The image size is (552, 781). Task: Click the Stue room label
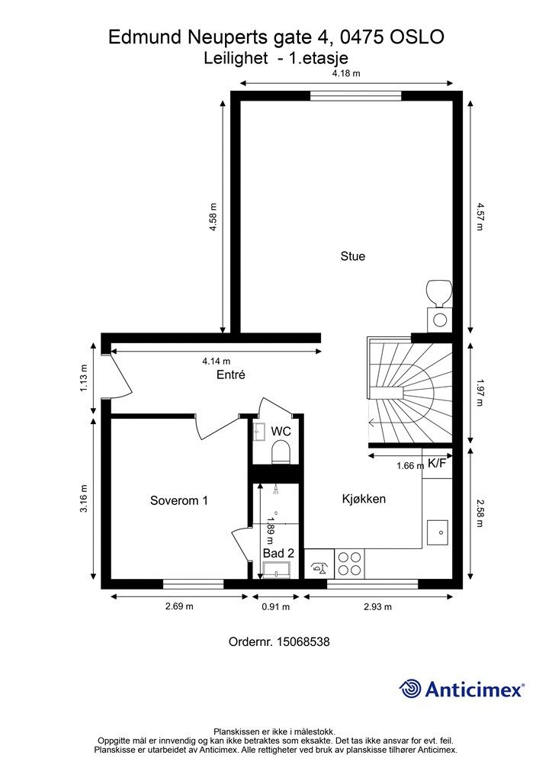pos(352,256)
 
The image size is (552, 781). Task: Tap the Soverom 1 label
pos(178,500)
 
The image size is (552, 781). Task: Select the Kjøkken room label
pos(364,499)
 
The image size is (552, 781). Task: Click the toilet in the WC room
pos(281,452)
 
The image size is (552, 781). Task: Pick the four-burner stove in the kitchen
pos(349,564)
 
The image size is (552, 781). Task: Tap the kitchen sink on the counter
pos(438,532)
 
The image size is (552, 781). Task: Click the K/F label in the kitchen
pos(437,464)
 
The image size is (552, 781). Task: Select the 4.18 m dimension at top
pos(346,73)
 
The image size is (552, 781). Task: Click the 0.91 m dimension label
pos(276,606)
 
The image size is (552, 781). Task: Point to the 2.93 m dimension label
pos(378,606)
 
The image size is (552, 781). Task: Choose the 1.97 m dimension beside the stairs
pos(480,393)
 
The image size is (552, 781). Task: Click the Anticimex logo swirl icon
pos(410,689)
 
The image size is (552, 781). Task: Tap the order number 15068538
pos(303,641)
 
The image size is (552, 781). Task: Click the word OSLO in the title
pos(416,37)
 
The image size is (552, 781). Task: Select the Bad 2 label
pos(279,553)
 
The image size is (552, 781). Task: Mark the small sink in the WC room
pos(258,432)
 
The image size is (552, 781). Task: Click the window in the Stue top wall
pos(355,95)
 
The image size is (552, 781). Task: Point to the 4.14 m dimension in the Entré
pos(217,361)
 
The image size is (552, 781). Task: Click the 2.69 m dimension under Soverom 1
pos(180,606)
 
